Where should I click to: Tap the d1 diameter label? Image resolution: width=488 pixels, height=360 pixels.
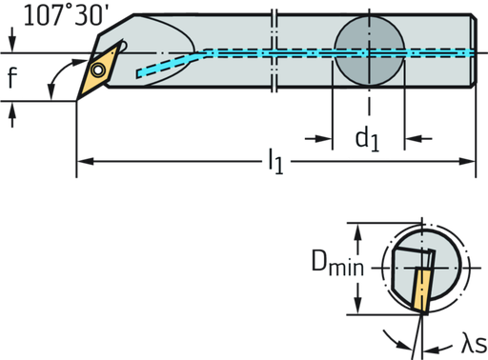[x=367, y=139]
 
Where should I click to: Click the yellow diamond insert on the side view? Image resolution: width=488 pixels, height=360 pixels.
[x=99, y=71]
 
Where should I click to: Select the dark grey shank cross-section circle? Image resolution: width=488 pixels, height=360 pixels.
[x=370, y=51]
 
